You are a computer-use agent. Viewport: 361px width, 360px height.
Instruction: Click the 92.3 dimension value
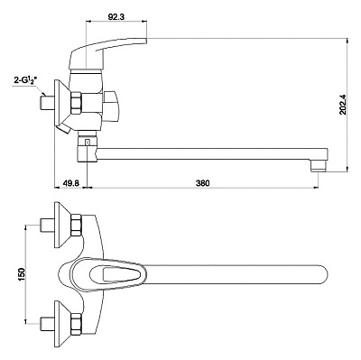116,16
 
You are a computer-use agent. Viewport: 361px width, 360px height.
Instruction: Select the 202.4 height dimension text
343,105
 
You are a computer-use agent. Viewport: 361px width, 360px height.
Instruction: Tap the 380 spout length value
202,182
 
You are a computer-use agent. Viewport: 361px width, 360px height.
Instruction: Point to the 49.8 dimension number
70,182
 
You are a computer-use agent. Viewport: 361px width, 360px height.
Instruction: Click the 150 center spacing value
22,274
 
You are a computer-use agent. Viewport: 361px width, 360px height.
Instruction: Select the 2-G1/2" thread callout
25,80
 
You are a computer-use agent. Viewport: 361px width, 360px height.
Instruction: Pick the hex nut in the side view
76,103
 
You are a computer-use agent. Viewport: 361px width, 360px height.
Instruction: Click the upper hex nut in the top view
76,225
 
